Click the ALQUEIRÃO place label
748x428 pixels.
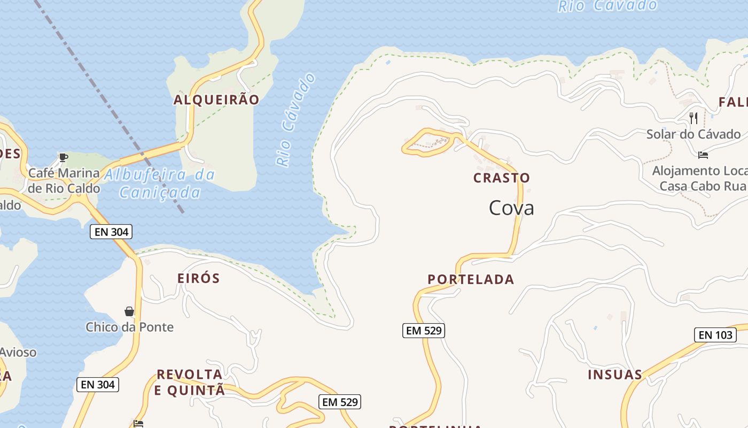tap(216, 100)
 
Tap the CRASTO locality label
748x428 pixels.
tap(502, 178)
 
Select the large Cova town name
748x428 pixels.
tap(511, 208)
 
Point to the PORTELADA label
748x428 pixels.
tap(471, 279)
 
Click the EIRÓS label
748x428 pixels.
tap(198, 278)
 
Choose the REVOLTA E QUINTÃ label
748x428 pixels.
tap(190, 383)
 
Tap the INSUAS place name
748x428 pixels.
tap(615, 374)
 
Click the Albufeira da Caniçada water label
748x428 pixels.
tap(160, 184)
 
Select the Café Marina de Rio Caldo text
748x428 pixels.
tap(64, 181)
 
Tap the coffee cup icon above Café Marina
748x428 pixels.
tap(64, 157)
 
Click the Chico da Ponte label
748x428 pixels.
tap(130, 327)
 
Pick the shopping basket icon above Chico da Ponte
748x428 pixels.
tap(129, 311)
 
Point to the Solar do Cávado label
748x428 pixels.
tap(694, 134)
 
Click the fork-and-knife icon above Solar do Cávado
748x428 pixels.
tap(694, 118)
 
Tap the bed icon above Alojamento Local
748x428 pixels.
tap(703, 155)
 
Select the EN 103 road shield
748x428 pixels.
tap(715, 335)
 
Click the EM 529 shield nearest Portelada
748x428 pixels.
tap(424, 331)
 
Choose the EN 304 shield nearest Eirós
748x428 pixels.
tap(111, 232)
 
